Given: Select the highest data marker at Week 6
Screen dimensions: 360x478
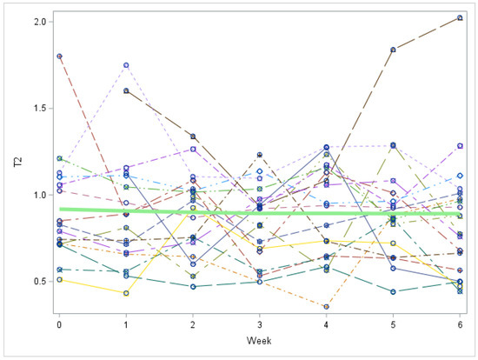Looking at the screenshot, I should [460, 17].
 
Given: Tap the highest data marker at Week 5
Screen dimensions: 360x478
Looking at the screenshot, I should [393, 50].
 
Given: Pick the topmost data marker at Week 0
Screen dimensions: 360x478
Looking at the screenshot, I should [59, 56].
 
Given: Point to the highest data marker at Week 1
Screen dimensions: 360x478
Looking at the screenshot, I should [126, 65].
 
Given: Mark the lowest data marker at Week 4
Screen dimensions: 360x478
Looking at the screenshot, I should [326, 306].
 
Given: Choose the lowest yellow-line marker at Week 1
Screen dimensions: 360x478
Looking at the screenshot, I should [126, 293].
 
